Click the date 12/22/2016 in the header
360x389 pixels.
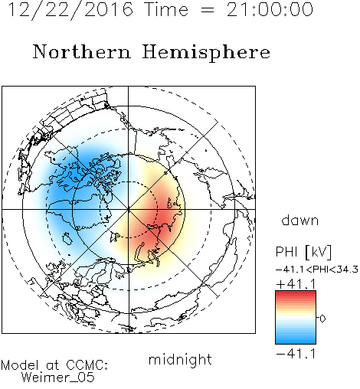(70, 9)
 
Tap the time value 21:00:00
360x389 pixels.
(270, 9)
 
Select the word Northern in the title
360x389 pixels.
(81, 51)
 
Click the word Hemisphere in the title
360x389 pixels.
(206, 53)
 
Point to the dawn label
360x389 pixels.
(300, 220)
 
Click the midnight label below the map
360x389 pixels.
(180, 361)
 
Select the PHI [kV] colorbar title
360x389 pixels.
(303, 252)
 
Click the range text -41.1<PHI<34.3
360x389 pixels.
(317, 269)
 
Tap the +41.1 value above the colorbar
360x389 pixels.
(296, 284)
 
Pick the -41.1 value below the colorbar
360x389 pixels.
(296, 354)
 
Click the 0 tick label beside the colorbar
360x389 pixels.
(322, 319)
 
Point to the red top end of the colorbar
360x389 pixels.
(296, 293)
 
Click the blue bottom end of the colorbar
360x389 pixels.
(296, 342)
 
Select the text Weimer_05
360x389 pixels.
(58, 377)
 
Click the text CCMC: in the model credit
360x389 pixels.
(87, 365)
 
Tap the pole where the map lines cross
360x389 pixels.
(129, 210)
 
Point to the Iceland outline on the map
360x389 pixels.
(67, 238)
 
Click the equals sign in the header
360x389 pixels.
(208, 10)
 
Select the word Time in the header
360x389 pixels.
(166, 9)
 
